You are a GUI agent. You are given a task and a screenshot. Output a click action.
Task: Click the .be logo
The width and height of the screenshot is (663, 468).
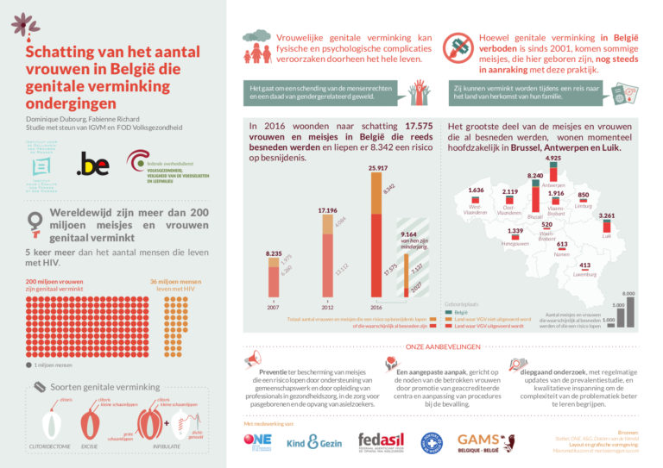click(92, 164)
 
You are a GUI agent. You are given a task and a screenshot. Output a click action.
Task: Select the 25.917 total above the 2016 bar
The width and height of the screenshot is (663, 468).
click(377, 167)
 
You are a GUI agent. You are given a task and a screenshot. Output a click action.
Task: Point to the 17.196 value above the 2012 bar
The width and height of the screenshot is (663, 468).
click(327, 209)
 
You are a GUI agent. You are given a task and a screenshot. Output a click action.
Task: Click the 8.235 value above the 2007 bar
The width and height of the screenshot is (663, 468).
click(274, 253)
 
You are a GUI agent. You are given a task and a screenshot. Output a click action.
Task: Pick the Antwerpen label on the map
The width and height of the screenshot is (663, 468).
click(553, 184)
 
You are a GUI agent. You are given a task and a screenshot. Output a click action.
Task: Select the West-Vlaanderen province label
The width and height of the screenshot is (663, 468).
click(475, 209)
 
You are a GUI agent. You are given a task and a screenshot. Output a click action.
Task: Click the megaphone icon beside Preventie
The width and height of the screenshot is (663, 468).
click(252, 357)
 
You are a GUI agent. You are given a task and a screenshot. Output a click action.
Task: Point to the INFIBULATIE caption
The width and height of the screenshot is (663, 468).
click(166, 447)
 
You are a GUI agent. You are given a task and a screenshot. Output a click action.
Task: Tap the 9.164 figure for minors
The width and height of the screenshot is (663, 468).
click(410, 234)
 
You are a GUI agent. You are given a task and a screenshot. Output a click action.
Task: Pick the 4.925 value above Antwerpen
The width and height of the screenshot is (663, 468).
click(553, 159)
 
